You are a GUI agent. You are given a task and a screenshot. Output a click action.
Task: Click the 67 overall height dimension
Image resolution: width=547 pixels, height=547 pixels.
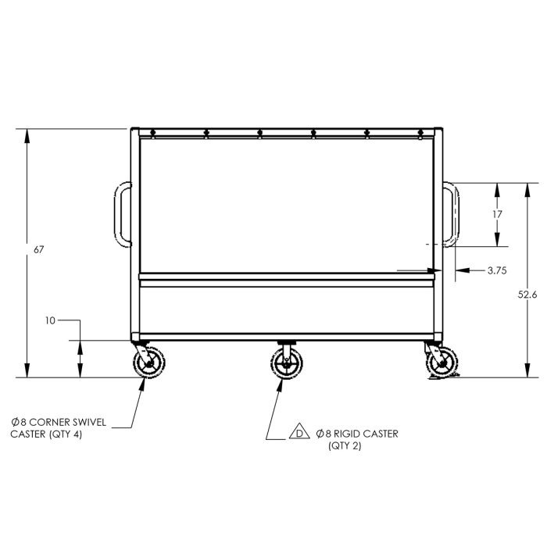[39, 250]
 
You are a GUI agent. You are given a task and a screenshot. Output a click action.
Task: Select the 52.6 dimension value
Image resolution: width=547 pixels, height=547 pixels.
[527, 295]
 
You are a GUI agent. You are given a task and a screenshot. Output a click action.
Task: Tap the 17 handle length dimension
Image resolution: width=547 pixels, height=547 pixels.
[497, 214]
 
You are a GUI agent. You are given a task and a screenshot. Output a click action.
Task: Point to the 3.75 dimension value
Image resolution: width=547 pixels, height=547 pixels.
[497, 270]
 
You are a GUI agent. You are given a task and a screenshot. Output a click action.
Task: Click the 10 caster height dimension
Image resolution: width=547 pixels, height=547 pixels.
[50, 320]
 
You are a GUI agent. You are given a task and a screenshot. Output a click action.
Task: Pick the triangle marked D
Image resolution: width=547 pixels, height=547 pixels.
[299, 431]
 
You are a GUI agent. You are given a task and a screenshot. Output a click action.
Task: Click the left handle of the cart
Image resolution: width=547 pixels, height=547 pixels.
[123, 215]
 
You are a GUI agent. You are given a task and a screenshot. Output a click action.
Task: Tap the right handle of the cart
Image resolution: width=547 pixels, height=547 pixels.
[451, 215]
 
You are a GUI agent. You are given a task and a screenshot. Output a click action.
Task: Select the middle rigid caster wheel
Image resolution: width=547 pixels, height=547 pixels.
[287, 363]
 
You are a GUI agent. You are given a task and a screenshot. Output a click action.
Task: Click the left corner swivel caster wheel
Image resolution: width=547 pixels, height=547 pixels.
[149, 363]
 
